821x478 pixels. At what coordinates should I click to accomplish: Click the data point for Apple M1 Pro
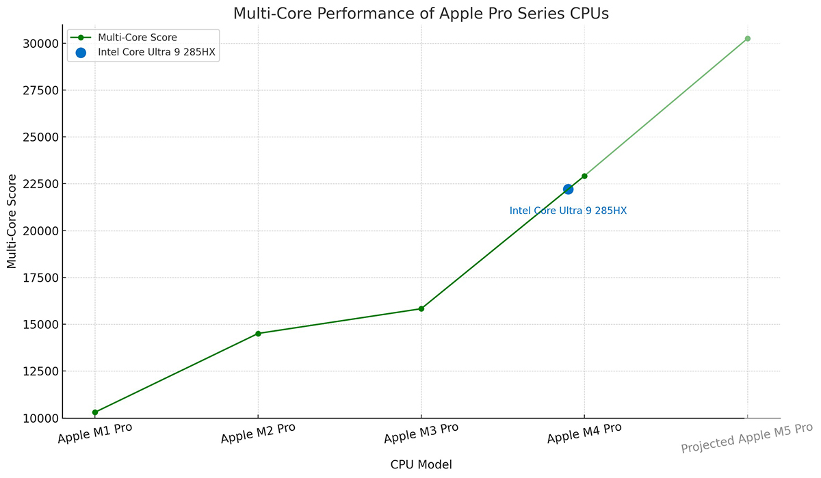pyautogui.click(x=94, y=412)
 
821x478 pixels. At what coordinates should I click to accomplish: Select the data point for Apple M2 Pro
pyautogui.click(x=258, y=334)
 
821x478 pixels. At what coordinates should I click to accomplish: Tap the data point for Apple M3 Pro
pyautogui.click(x=421, y=308)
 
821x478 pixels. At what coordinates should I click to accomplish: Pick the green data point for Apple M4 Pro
pyautogui.click(x=584, y=176)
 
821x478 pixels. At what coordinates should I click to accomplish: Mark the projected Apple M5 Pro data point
pyautogui.click(x=747, y=39)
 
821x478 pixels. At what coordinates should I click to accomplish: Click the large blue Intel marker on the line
pyautogui.click(x=568, y=189)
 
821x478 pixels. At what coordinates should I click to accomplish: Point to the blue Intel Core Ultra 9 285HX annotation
pyautogui.click(x=568, y=211)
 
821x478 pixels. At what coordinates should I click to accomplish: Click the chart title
pyautogui.click(x=420, y=14)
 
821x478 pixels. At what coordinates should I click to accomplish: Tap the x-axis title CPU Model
pyautogui.click(x=421, y=465)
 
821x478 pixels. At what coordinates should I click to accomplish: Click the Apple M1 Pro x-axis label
pyautogui.click(x=94, y=434)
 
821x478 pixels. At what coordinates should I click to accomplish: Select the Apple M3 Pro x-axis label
pyautogui.click(x=421, y=434)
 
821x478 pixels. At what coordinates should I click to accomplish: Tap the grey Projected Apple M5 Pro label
pyautogui.click(x=746, y=438)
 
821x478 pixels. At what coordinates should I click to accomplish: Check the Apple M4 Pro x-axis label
pyautogui.click(x=584, y=434)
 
